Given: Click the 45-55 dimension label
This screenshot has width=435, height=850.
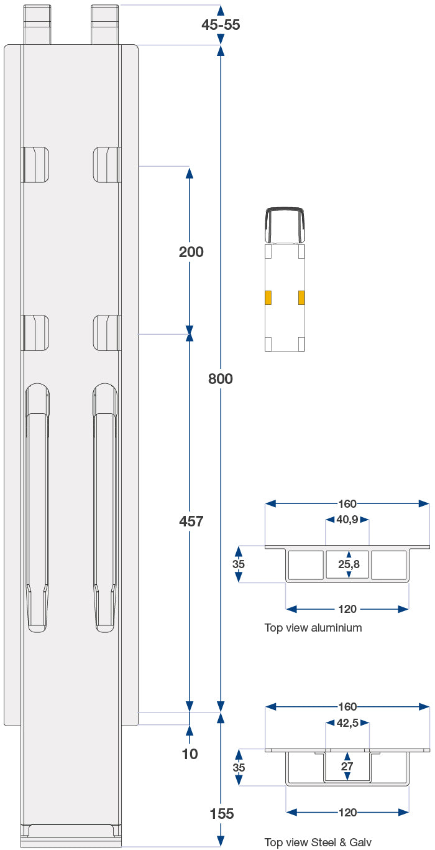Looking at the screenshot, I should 221,25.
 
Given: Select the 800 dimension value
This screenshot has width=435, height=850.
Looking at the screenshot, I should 221,378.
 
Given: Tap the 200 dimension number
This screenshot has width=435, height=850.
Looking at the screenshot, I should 191,252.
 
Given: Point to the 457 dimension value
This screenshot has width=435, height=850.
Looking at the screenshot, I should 191,521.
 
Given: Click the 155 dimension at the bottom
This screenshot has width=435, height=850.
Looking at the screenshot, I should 222,814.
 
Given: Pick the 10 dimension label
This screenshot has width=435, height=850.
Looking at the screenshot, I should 190,754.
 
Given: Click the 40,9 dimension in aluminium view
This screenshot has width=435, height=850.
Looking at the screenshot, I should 347,520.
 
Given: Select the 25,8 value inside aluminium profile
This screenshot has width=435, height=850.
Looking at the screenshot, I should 348,564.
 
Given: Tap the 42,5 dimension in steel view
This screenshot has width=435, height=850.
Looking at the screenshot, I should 347,724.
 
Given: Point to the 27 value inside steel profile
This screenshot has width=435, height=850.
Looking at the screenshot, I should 347,767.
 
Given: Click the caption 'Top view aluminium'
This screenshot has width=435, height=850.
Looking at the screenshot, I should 313,628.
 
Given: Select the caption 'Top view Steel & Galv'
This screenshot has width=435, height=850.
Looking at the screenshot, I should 318,843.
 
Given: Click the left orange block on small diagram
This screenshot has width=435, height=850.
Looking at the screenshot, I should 268,297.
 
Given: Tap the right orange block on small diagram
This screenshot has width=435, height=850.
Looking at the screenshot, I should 301,297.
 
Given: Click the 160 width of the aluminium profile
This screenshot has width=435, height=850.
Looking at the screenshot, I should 347,504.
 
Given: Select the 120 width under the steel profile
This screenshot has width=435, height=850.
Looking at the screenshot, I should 347,812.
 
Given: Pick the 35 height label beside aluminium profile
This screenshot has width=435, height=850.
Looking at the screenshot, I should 239,564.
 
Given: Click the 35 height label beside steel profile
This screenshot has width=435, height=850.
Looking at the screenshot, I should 239,768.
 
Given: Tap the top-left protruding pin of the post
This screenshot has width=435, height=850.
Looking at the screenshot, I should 37,24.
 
